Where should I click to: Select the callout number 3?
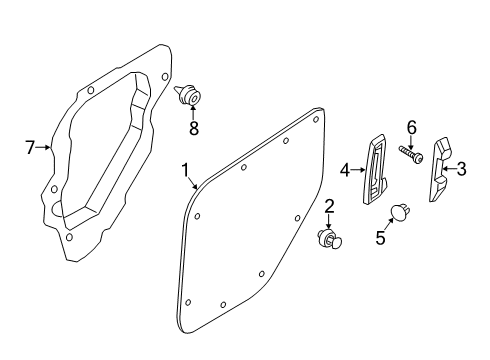click(x=461, y=171)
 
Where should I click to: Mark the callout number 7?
click(x=30, y=147)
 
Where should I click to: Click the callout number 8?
click(x=195, y=128)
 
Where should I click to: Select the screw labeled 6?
click(x=411, y=154)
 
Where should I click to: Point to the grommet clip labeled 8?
click(x=190, y=97)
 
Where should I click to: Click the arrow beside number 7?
click(x=44, y=147)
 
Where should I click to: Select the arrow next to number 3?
click(x=449, y=171)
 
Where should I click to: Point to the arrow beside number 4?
click(x=359, y=171)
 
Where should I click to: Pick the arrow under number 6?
click(x=410, y=140)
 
